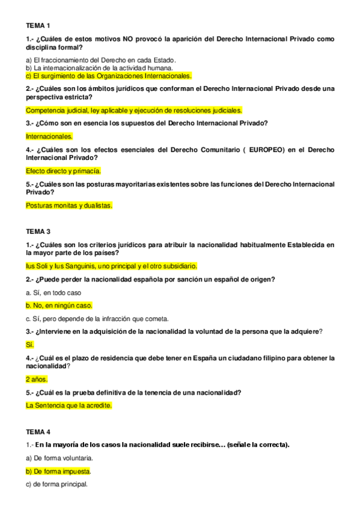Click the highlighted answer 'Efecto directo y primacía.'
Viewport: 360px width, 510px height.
click(63, 171)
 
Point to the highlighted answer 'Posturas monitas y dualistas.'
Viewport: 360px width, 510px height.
click(69, 205)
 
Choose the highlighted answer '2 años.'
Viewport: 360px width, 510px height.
click(36, 379)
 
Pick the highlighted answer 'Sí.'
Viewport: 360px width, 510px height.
click(30, 345)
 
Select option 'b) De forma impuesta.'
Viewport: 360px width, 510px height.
click(58, 471)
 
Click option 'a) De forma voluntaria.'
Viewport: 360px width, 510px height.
click(59, 458)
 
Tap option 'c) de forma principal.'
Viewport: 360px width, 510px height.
click(57, 484)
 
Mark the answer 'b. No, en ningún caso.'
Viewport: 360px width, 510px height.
click(59, 306)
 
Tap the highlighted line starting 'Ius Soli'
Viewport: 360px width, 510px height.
click(111, 266)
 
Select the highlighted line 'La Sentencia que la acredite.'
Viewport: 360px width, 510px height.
click(69, 405)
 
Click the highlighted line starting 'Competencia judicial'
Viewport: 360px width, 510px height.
click(133, 111)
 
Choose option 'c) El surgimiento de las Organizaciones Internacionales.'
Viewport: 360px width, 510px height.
click(108, 76)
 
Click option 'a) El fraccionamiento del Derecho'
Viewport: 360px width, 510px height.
click(101, 60)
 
